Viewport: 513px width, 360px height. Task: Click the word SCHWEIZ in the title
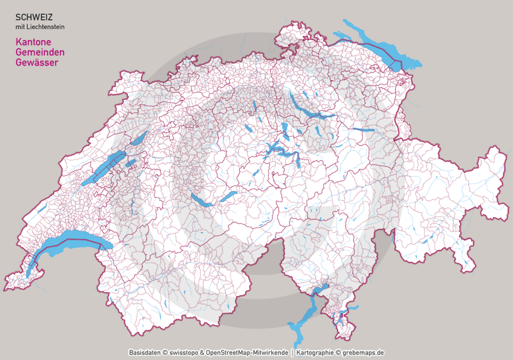tap(34, 17)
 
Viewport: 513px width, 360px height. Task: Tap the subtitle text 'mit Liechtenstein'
tap(40, 27)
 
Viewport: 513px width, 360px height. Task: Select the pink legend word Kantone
tap(34, 42)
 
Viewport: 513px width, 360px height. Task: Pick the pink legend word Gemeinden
tap(40, 52)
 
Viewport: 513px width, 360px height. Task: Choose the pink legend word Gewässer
tap(37, 63)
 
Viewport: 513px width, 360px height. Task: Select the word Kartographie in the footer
tap(315, 352)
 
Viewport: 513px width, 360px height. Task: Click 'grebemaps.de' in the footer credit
tap(363, 352)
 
